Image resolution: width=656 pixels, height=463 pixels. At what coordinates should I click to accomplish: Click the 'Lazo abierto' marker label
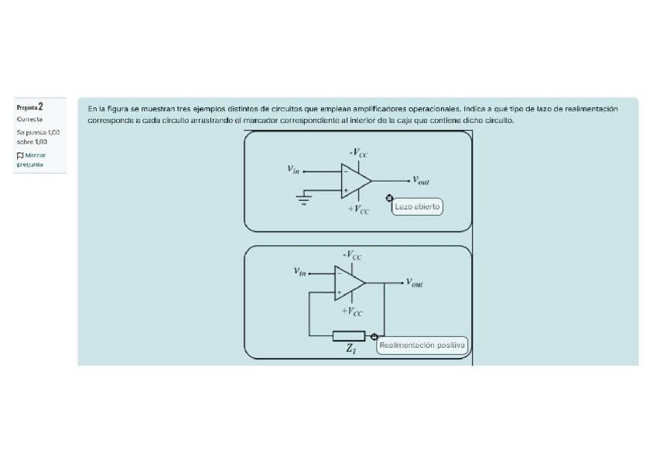pos(418,206)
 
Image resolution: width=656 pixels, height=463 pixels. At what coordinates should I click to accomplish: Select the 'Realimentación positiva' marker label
pos(422,346)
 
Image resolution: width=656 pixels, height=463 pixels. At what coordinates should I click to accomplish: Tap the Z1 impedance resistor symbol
pos(348,336)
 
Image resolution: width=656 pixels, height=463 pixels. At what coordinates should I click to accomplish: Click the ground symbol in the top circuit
pos(305,199)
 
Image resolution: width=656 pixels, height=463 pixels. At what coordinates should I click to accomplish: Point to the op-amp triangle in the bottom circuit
pos(349,283)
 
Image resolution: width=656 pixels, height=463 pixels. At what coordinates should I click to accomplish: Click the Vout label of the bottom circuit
pos(414,283)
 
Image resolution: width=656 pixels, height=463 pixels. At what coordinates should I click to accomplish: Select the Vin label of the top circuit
pos(292,169)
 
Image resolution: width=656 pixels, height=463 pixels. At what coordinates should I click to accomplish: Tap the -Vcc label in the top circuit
pos(358,153)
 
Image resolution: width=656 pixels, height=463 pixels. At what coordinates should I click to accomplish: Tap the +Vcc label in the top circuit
pos(358,209)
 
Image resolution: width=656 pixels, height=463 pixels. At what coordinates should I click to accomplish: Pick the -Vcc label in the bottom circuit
pos(352,255)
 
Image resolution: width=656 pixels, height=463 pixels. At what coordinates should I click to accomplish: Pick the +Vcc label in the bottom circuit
pos(352,312)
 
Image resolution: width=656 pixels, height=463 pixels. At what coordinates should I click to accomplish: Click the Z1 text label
pos(350,350)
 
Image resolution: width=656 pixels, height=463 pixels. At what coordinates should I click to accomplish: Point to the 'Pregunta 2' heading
pos(29,107)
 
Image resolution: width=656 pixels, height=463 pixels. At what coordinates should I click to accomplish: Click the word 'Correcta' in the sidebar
pos(29,120)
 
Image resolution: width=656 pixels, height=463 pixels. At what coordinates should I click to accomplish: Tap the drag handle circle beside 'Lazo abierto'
pos(389,199)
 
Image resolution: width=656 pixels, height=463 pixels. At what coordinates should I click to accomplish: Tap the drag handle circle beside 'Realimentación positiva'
pos(374,336)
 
